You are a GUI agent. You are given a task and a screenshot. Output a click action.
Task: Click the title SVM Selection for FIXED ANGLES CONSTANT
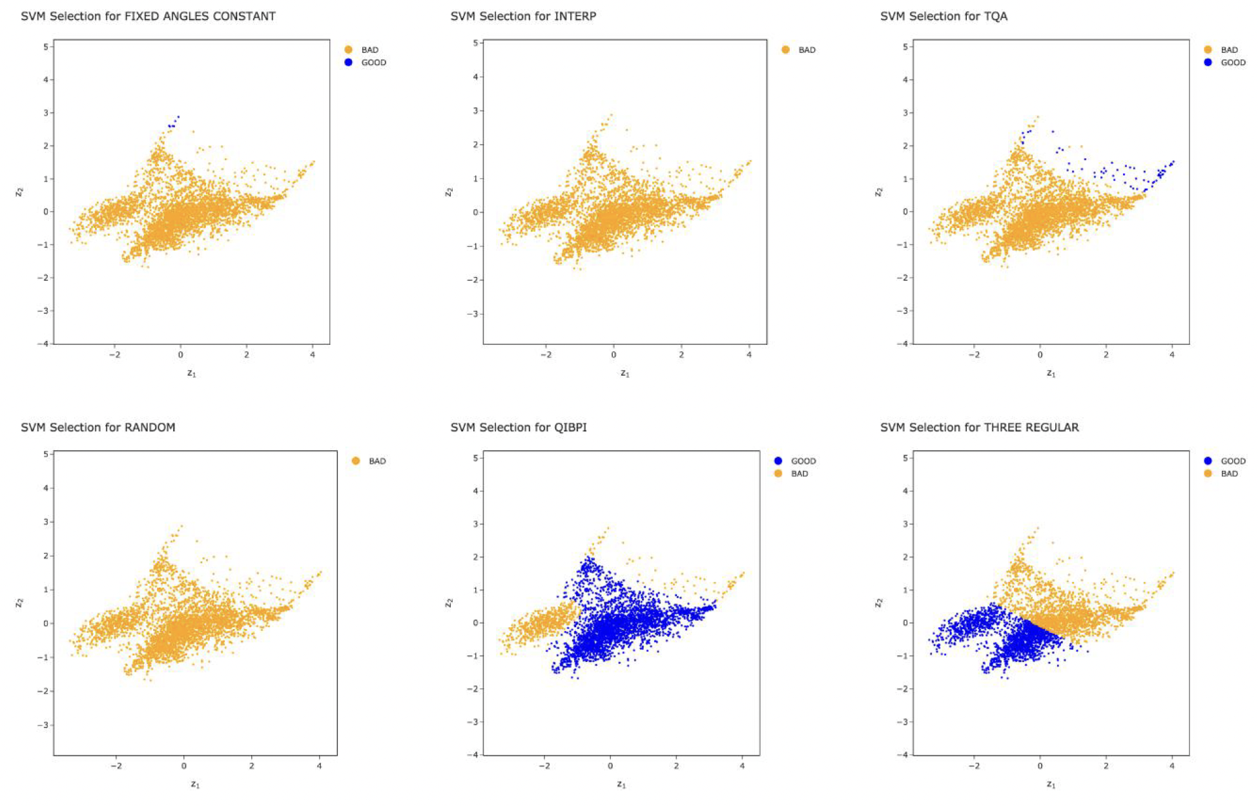tap(148, 16)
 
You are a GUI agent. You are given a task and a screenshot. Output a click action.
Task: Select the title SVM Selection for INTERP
tap(523, 16)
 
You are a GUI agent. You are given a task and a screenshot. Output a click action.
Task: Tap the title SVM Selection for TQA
tap(943, 16)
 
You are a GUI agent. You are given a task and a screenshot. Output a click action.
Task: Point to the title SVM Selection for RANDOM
tap(98, 428)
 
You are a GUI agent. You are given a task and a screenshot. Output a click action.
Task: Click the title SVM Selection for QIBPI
tap(519, 428)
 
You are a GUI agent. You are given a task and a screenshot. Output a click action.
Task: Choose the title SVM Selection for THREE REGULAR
tap(979, 428)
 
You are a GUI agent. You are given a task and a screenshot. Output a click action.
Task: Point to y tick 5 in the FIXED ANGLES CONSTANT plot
tap(46, 46)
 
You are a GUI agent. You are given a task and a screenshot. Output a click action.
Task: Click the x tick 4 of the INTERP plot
tap(749, 355)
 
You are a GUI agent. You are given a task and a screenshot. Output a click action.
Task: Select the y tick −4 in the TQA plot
tap(903, 344)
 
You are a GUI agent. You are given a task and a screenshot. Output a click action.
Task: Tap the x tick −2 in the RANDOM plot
tap(116, 766)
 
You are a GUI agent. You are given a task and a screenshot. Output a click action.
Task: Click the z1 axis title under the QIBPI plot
tap(621, 784)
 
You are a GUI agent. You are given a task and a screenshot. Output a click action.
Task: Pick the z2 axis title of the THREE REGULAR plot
tap(878, 603)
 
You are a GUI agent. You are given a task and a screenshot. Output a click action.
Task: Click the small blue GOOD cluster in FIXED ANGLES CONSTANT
tap(173, 123)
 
